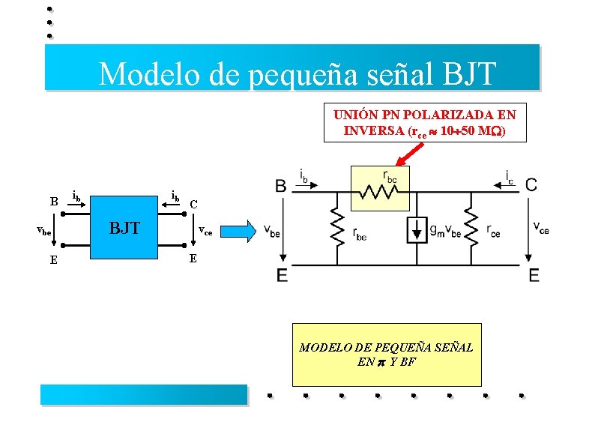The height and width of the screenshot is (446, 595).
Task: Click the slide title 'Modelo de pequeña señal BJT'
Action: [297, 73]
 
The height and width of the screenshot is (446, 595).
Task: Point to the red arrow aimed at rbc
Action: [410, 154]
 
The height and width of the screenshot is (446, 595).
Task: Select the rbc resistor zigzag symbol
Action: [379, 193]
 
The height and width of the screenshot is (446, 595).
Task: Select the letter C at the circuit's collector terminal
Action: [530, 184]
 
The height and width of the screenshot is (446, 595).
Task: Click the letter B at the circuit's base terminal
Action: [280, 185]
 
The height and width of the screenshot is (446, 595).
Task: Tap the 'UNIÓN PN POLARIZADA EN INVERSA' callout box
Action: [424, 123]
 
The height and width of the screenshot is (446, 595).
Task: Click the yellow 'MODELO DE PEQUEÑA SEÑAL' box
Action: [386, 354]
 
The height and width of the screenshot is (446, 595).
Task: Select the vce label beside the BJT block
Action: [205, 232]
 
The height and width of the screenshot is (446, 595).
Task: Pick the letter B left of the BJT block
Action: [53, 202]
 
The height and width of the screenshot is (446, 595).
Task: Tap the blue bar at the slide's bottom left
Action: [143, 394]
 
